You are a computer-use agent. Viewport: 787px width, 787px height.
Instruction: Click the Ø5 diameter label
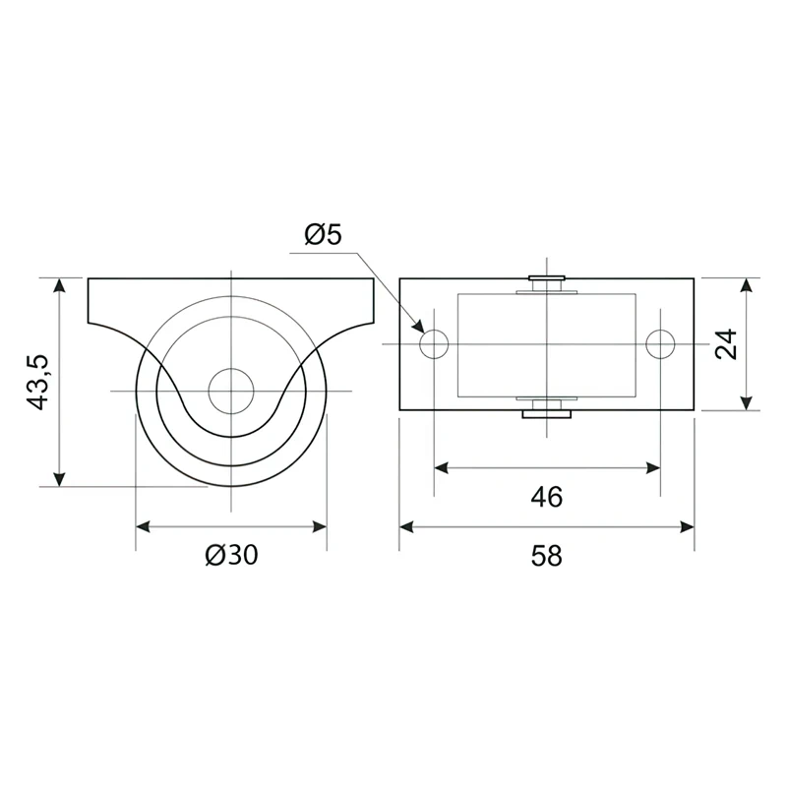[324, 235]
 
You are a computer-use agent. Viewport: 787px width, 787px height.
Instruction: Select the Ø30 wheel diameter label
[231, 555]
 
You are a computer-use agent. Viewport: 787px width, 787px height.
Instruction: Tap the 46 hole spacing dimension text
[547, 497]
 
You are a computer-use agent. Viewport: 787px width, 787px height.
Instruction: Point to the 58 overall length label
[547, 556]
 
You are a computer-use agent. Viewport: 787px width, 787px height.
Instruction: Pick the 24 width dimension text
[726, 343]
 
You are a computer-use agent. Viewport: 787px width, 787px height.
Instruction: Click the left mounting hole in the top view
[434, 344]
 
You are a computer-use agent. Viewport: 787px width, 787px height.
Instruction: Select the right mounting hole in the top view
[660, 344]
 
